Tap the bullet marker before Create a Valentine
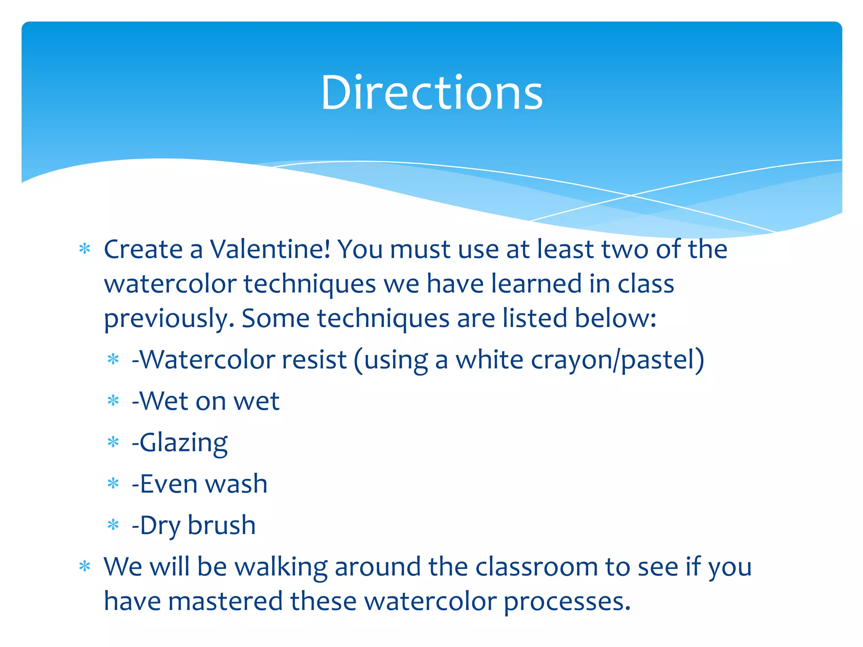tap(85, 249)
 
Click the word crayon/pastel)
tap(617, 360)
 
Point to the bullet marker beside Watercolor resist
tap(113, 360)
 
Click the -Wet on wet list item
tap(206, 401)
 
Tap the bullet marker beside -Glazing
tap(113, 443)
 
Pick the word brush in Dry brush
tap(222, 525)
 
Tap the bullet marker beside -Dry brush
tap(113, 525)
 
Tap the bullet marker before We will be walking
tap(85, 567)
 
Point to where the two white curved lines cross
tap(631, 195)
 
